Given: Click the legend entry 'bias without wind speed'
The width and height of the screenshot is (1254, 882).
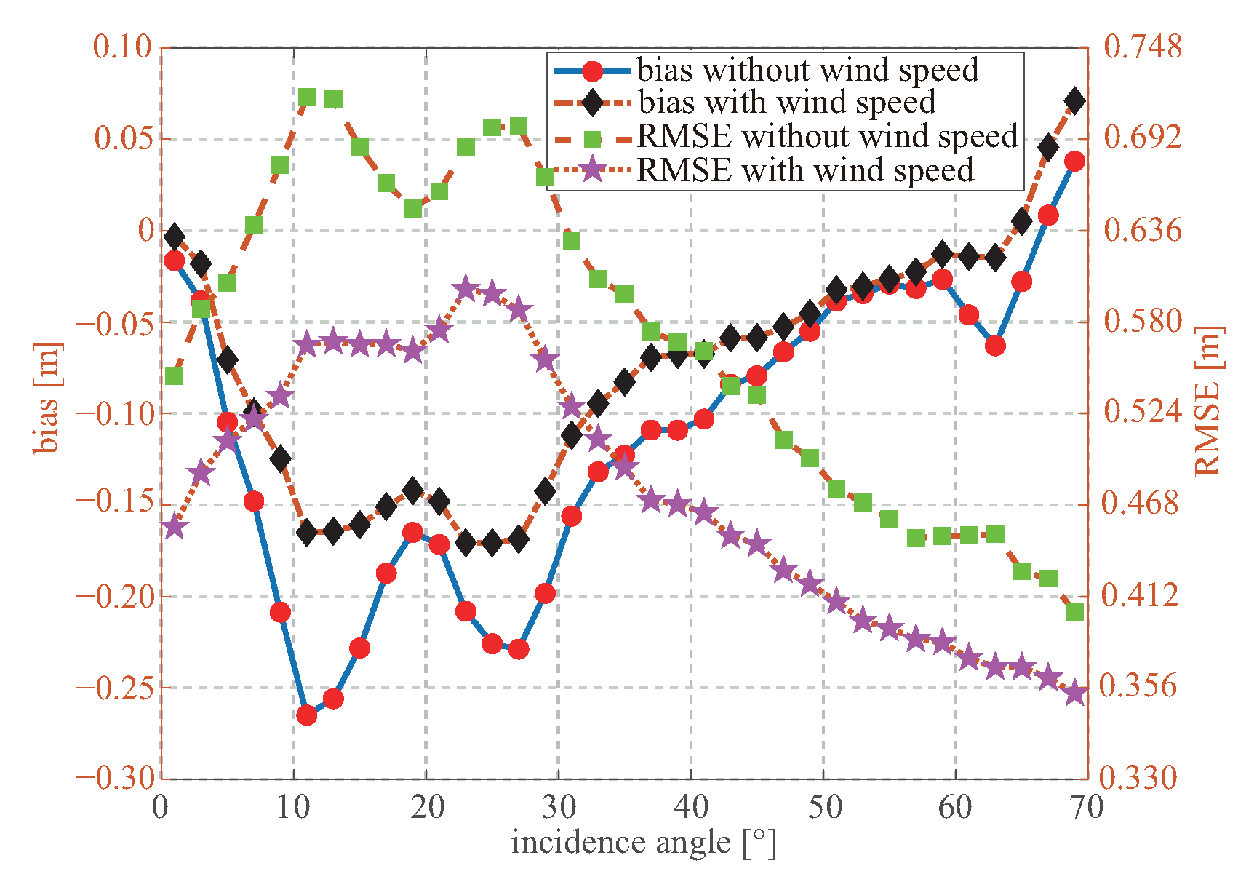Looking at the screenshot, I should [x=807, y=70].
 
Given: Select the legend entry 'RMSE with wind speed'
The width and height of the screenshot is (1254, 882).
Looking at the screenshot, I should [x=804, y=170].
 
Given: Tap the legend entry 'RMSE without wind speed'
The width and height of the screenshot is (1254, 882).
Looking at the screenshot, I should [x=827, y=137].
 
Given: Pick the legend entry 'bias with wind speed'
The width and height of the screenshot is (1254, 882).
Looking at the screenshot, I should [x=786, y=103].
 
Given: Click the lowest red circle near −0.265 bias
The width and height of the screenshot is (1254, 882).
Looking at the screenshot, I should [x=307, y=715].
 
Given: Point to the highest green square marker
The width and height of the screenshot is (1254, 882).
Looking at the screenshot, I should [x=307, y=98].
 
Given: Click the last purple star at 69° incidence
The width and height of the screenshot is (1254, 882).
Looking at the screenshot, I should [x=1075, y=694].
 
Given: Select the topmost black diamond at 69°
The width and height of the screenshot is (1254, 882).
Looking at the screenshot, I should [x=1075, y=101].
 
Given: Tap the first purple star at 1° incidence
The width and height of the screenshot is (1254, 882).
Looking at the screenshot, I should [x=174, y=527].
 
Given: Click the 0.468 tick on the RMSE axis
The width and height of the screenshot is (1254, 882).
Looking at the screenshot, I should [x=1139, y=503].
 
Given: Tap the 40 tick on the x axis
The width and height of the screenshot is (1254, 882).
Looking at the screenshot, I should [x=691, y=807].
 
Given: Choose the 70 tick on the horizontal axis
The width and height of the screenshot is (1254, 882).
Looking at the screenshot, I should [x=1087, y=807].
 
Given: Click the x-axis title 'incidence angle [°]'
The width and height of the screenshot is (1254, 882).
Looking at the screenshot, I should [x=643, y=843].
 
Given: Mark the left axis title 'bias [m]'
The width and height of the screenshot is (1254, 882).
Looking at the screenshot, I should [x=47, y=397].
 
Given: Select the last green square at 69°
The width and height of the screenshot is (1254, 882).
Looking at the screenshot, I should [x=1075, y=612].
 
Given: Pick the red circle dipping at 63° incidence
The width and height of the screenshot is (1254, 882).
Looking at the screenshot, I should [x=996, y=346].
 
